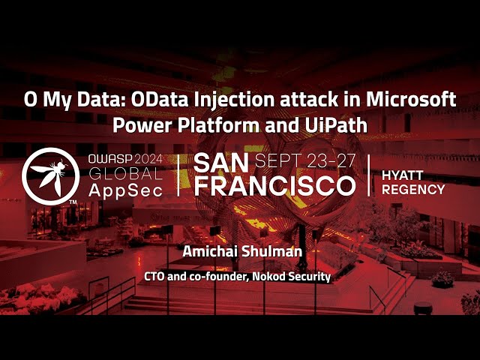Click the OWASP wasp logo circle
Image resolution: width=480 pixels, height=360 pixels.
(x=51, y=175)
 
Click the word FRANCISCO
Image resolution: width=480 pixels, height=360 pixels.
(x=274, y=186)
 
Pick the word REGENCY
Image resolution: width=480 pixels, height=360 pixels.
(x=413, y=189)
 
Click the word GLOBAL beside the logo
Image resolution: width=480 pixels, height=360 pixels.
(x=124, y=174)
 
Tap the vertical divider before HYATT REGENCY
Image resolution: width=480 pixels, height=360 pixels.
(x=369, y=175)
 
